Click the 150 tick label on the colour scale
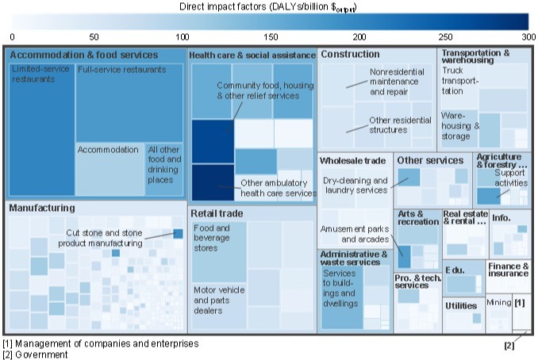coord(271,37)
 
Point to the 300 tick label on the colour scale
coord(528,37)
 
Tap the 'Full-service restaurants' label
coord(122,70)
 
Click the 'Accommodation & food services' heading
coord(84,55)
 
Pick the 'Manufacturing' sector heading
coord(41,209)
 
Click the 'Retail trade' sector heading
coord(217,214)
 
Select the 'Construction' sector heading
coord(350,55)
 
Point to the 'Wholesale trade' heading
coord(352,161)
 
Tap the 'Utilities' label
coord(460,305)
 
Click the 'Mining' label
coord(498,303)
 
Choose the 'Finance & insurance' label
coord(508,270)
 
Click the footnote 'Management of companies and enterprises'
coord(106,344)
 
